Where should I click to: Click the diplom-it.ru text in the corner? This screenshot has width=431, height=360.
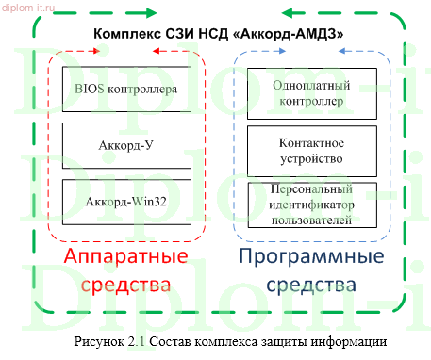tap(28, 7)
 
